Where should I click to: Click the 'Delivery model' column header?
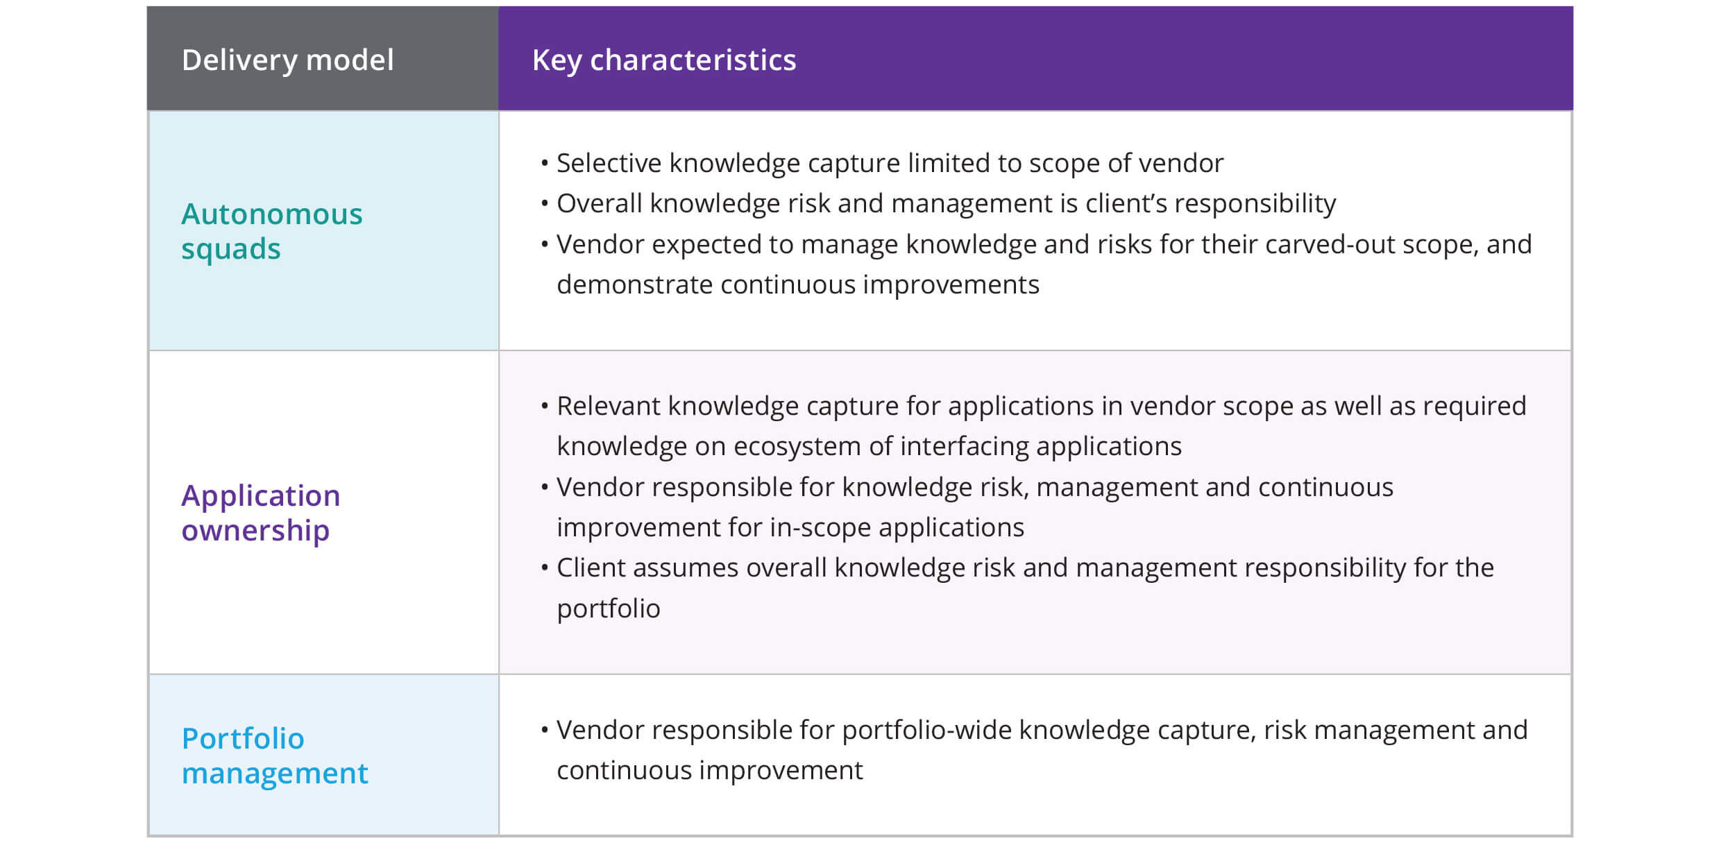point(287,60)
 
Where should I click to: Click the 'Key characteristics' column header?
point(663,60)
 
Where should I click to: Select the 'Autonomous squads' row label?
point(271,231)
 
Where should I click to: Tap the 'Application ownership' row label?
point(260,513)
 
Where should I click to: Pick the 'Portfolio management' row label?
point(274,756)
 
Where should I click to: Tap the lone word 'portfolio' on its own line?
point(608,608)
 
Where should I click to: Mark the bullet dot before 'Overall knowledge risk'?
point(545,203)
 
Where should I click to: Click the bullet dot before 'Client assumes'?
point(545,568)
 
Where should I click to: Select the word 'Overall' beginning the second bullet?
point(599,203)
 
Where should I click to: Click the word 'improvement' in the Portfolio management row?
point(781,770)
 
